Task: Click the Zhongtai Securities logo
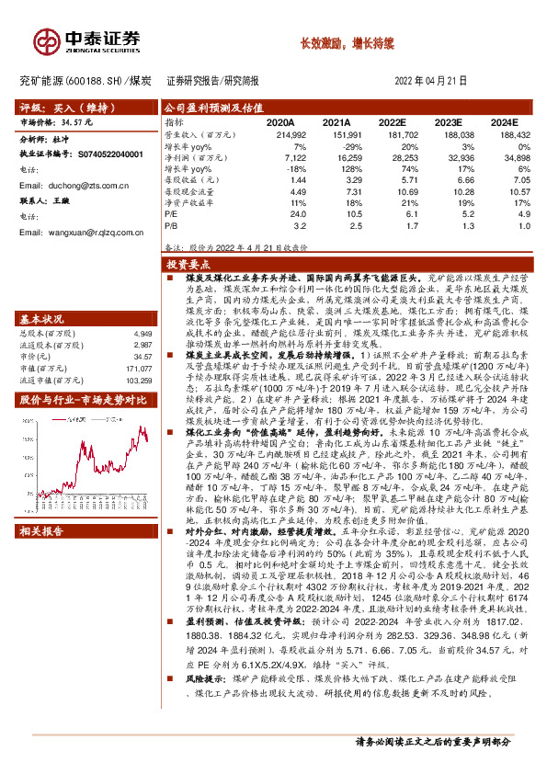(x=88, y=40)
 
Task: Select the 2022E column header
(x=391, y=121)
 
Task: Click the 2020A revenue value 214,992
(x=287, y=134)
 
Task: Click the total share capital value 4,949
(x=140, y=308)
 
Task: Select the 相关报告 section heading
(x=41, y=531)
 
